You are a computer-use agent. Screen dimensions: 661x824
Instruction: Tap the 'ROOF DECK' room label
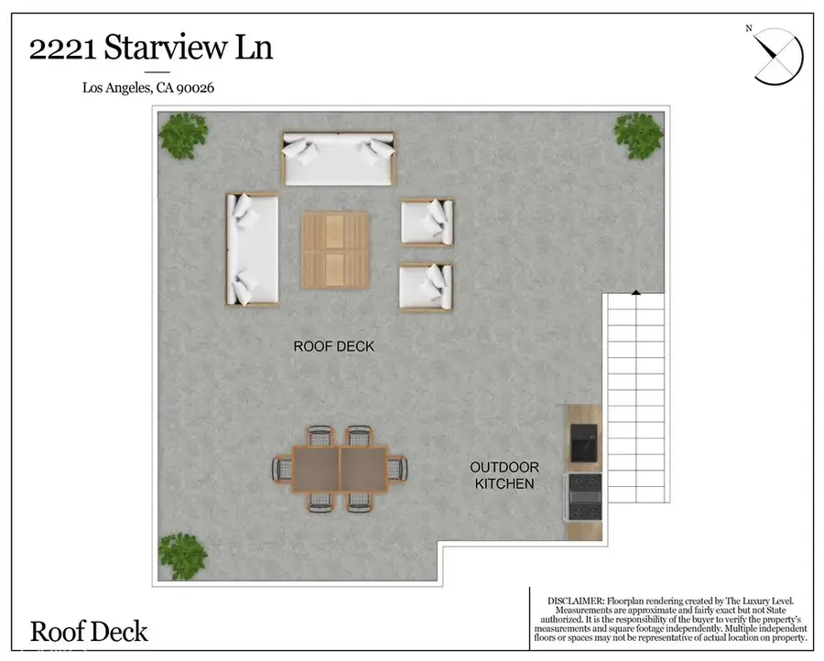pyautogui.click(x=333, y=346)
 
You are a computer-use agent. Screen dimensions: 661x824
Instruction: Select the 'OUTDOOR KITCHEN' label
pyautogui.click(x=504, y=475)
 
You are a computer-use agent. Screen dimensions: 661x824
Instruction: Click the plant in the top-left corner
pyautogui.click(x=183, y=135)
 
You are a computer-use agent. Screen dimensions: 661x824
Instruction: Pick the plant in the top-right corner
pyautogui.click(x=638, y=135)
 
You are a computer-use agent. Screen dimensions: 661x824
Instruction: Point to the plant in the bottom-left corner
pyautogui.click(x=183, y=555)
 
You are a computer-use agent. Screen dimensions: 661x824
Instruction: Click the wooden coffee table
pyautogui.click(x=335, y=248)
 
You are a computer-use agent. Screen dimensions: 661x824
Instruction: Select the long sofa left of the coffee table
pyautogui.click(x=252, y=249)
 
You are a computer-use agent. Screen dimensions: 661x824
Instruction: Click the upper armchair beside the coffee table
pyautogui.click(x=427, y=222)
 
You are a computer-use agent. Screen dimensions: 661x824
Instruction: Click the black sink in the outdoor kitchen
pyautogui.click(x=583, y=443)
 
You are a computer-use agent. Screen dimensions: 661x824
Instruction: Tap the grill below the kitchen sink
pyautogui.click(x=584, y=502)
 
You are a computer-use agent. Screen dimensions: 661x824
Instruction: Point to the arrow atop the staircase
pyautogui.click(x=634, y=293)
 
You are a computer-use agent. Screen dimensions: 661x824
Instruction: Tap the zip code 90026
pyautogui.click(x=195, y=88)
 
